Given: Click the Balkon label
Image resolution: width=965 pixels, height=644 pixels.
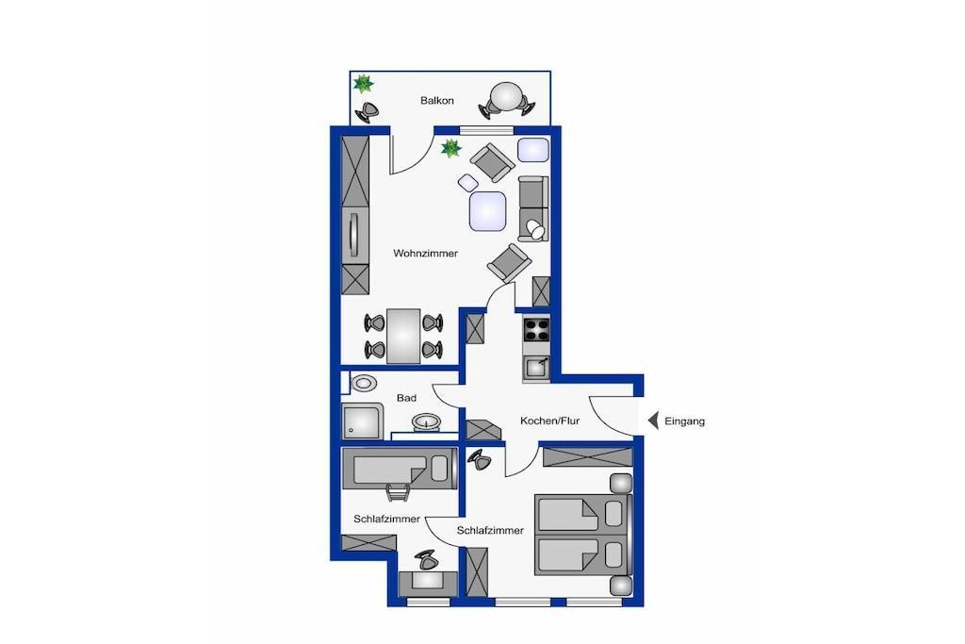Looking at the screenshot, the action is pyautogui.click(x=437, y=100).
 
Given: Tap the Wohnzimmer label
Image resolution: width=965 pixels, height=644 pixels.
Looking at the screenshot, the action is pyautogui.click(x=425, y=253).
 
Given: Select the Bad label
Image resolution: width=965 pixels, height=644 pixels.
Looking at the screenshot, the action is pyautogui.click(x=406, y=398).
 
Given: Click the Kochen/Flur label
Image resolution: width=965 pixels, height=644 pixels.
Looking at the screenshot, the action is pyautogui.click(x=549, y=421).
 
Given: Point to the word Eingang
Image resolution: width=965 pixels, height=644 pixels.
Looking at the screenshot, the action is pyautogui.click(x=684, y=421).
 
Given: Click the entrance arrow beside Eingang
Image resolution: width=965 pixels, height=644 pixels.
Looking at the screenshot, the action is pyautogui.click(x=654, y=421).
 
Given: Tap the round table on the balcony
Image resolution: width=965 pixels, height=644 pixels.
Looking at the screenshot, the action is pyautogui.click(x=506, y=96).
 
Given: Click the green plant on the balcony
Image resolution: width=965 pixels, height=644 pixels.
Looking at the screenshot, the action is pyautogui.click(x=363, y=83).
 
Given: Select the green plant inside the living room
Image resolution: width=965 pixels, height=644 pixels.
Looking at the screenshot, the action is pyautogui.click(x=451, y=148).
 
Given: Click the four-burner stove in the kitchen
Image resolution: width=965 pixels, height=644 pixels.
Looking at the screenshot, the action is pyautogui.click(x=536, y=329).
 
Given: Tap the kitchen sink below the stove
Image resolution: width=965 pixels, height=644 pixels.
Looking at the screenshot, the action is pyautogui.click(x=536, y=368).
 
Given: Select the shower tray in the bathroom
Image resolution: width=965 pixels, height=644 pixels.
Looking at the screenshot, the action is pyautogui.click(x=362, y=421).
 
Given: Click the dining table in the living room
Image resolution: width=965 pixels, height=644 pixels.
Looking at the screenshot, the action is pyautogui.click(x=403, y=336).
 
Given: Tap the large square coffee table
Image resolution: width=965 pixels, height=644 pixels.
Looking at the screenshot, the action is pyautogui.click(x=487, y=211).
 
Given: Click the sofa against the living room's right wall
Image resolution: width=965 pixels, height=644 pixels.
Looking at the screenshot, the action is pyautogui.click(x=533, y=208).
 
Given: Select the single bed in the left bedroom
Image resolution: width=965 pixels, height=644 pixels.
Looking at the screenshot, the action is pyautogui.click(x=400, y=469).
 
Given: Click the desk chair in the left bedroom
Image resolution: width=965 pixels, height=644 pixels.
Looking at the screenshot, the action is pyautogui.click(x=427, y=560).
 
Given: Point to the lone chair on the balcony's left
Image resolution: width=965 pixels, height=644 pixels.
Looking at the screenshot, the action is pyautogui.click(x=368, y=111).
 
